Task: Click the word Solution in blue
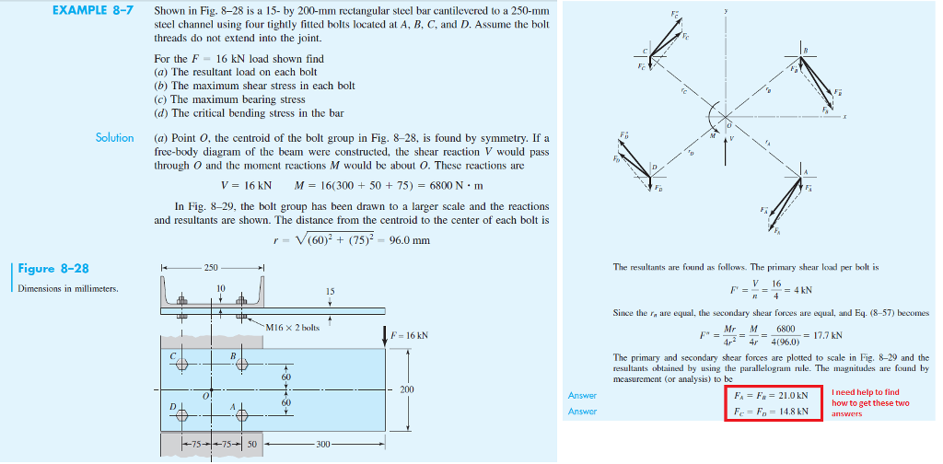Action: [115, 138]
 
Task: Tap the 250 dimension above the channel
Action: [212, 267]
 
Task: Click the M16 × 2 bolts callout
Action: [294, 327]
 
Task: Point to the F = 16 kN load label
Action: [411, 333]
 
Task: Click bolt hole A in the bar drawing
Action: [243, 415]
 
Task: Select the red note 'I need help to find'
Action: [865, 392]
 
